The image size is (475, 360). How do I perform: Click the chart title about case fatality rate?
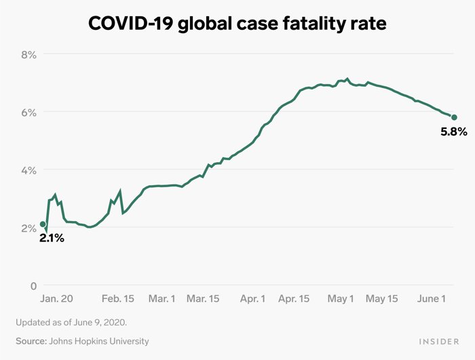[237, 23]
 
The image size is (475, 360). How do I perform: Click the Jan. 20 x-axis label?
[57, 299]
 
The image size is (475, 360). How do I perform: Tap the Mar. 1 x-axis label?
[162, 299]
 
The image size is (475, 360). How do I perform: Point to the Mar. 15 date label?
[204, 299]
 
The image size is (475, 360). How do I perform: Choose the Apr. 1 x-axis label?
[253, 299]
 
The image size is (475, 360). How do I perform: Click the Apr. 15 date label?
[294, 299]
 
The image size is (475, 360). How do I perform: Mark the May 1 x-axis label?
[341, 299]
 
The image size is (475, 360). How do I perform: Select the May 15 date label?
[382, 299]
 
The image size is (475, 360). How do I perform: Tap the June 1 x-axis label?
[431, 299]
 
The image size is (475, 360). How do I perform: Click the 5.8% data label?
[454, 132]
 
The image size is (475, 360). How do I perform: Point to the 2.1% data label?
[52, 238]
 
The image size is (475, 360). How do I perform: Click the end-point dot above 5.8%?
[454, 117]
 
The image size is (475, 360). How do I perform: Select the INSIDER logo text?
[437, 341]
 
